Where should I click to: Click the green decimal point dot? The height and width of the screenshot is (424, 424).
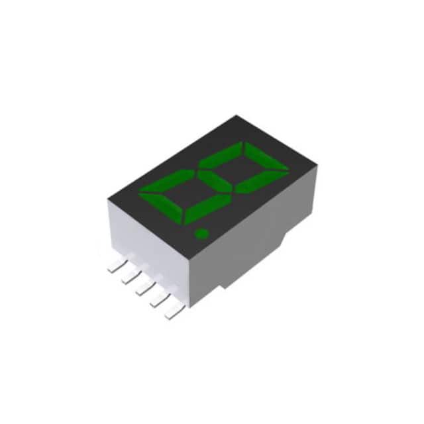click(x=200, y=233)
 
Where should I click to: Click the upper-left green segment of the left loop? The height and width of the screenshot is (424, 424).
click(x=165, y=181)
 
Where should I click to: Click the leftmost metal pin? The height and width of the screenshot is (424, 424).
click(x=113, y=267)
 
